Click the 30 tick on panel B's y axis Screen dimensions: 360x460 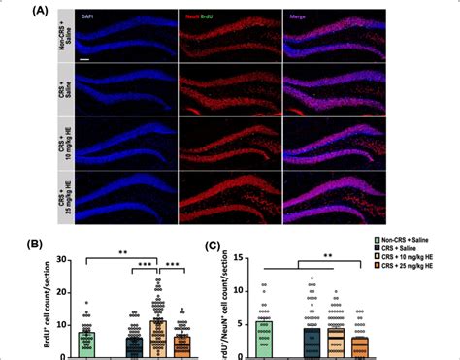pos(59,260)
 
